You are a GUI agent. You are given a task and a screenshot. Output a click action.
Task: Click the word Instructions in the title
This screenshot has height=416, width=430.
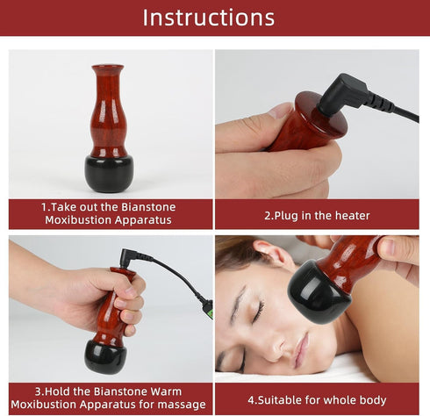click(x=208, y=18)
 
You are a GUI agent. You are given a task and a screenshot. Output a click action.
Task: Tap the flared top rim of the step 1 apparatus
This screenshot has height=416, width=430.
click(x=108, y=68)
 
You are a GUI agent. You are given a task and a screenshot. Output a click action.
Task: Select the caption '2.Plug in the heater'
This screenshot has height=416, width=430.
click(x=317, y=215)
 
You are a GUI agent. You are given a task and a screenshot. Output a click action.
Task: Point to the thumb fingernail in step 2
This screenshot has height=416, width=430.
click(x=279, y=111)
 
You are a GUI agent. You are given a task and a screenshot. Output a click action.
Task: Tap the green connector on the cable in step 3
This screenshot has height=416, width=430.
click(x=208, y=307)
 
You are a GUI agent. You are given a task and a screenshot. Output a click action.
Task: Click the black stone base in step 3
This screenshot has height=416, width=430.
click(x=105, y=355)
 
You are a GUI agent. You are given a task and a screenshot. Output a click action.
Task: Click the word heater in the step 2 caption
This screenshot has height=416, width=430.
click(x=349, y=215)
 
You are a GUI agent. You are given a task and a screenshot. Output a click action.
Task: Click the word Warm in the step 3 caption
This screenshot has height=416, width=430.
click(x=172, y=390)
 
